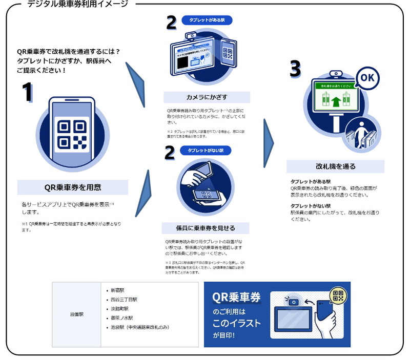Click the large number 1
[27, 93]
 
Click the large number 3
[295, 70]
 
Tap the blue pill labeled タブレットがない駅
[205, 151]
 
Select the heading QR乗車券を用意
[72, 187]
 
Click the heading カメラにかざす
[207, 97]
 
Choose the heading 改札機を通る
[335, 166]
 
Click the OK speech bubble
[368, 78]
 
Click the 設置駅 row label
[77, 313]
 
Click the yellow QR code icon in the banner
[337, 295]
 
